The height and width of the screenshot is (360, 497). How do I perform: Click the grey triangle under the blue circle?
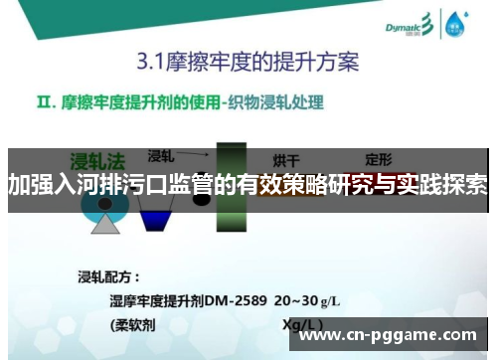click(105, 223)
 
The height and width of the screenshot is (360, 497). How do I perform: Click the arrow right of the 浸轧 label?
click(199, 155)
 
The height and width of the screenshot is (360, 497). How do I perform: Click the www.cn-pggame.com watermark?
click(388, 335)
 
